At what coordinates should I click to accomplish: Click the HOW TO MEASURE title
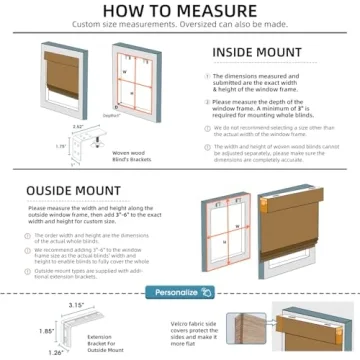(x=180, y=11)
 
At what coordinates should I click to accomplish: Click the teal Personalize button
(x=180, y=293)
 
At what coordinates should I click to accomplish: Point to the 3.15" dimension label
(x=46, y=305)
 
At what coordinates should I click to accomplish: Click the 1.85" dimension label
(x=17, y=329)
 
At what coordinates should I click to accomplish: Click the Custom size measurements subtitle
(x=180, y=26)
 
